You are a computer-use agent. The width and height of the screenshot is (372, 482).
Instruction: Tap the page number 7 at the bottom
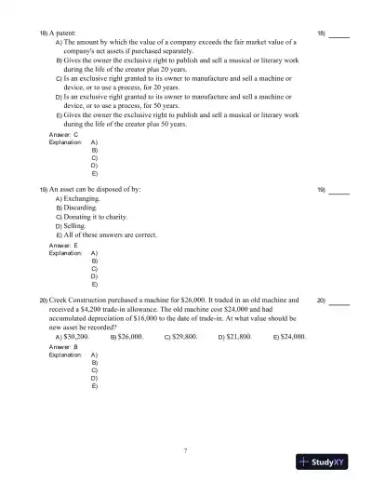point(185,451)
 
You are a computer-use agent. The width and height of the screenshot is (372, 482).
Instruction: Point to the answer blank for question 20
point(339,301)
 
